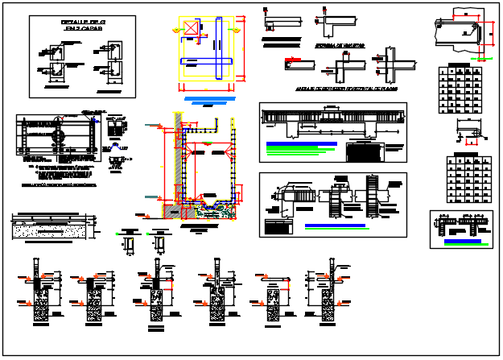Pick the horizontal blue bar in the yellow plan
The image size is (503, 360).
(x=208, y=61)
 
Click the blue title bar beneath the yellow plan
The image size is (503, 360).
(x=209, y=98)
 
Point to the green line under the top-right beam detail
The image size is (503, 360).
(x=483, y=58)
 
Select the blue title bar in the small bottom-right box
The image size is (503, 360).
(x=463, y=240)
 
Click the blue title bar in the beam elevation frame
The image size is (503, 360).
(x=298, y=144)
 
